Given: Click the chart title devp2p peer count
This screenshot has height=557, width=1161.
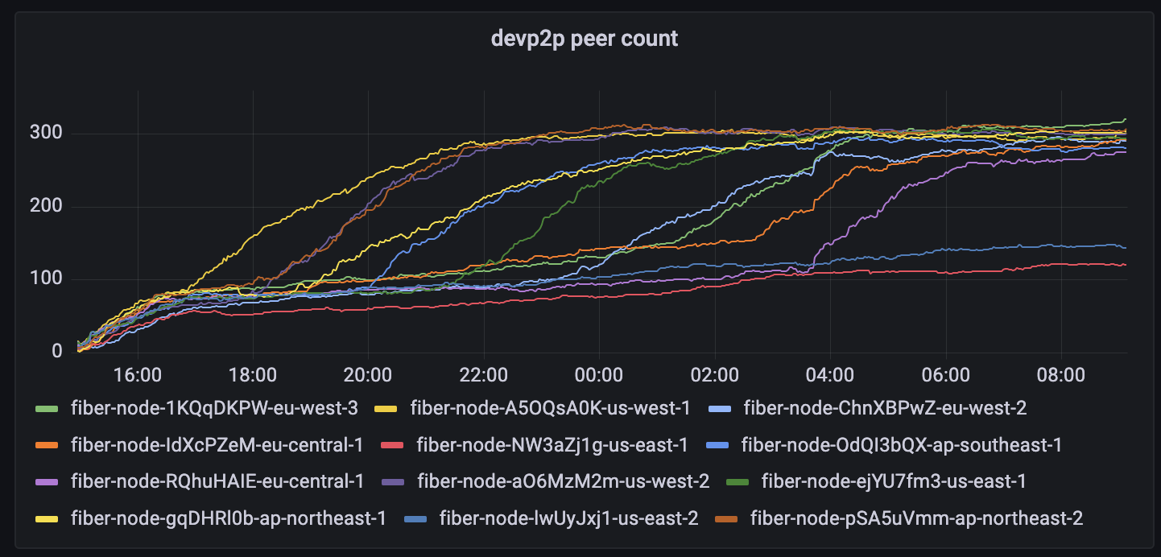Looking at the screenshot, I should (x=585, y=39).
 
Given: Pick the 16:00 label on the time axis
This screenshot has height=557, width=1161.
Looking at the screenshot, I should (x=138, y=375).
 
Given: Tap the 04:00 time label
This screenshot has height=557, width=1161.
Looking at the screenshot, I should (x=830, y=375).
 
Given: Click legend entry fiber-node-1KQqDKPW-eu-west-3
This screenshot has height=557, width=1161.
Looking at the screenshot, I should (x=214, y=408).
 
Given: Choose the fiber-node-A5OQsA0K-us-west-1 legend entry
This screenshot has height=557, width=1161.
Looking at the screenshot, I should (x=550, y=408).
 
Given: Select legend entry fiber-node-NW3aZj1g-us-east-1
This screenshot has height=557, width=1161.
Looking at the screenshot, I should (x=552, y=444).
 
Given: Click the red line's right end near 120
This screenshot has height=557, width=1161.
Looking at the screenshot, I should (x=1123, y=264).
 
